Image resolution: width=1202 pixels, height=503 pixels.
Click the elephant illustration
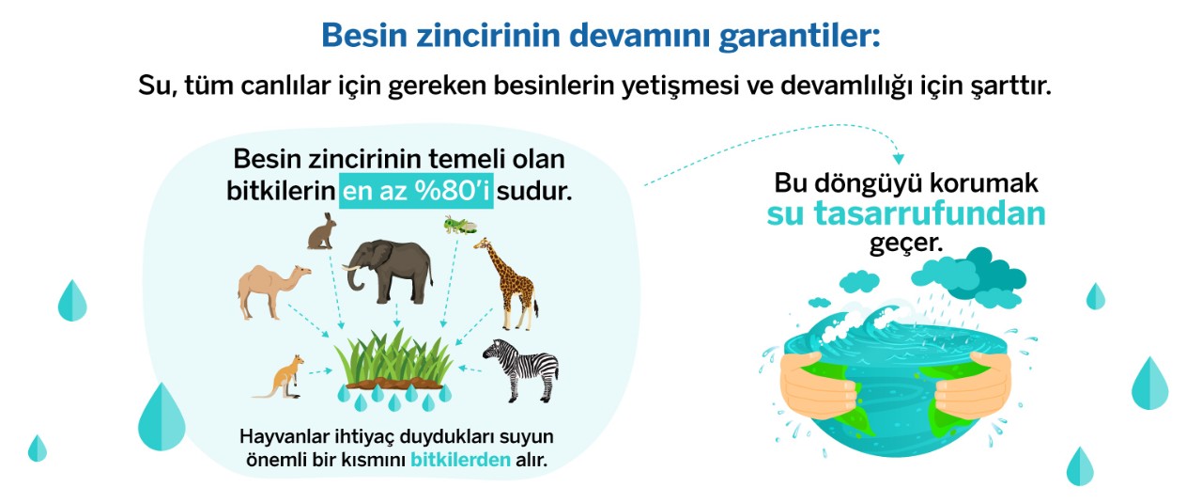pos(390,272)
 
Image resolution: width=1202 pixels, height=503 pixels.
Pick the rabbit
pos(322,231)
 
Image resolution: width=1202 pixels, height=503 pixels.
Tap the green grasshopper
pos(460,225)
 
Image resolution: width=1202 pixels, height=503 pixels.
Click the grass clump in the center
pos(393,360)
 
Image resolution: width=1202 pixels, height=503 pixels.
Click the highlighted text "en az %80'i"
pos(416,191)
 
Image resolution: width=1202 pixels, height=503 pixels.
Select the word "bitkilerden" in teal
pos(460,460)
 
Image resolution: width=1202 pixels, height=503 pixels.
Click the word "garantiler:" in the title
pos(799,36)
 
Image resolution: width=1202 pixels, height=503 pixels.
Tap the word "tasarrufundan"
pos(930,213)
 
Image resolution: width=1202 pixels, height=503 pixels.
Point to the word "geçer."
pos(906,244)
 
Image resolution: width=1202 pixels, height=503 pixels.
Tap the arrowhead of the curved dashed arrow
pos(899,159)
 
